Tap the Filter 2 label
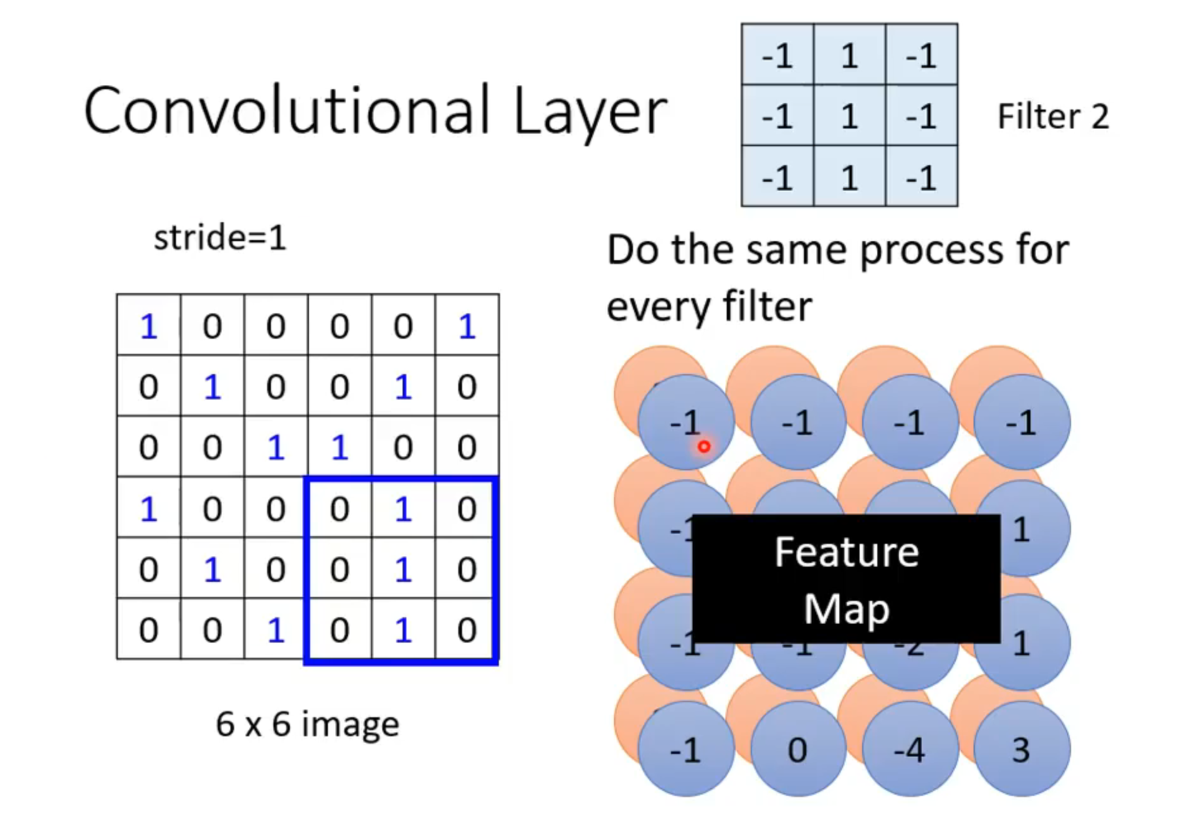coord(1053,116)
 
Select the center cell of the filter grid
coord(849,116)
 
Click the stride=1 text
coord(220,239)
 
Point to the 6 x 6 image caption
coord(308,724)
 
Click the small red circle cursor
coord(704,447)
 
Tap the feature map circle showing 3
coord(1021,750)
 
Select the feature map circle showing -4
coord(910,750)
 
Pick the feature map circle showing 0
coord(798,750)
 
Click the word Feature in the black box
coord(846,552)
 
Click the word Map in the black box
coord(846,609)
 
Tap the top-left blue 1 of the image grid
coord(149,327)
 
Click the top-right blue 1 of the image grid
coord(467,327)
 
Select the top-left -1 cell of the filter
coord(777,56)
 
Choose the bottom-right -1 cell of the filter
coord(921,177)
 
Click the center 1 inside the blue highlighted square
coord(403,570)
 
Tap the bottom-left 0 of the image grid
coord(149,631)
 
